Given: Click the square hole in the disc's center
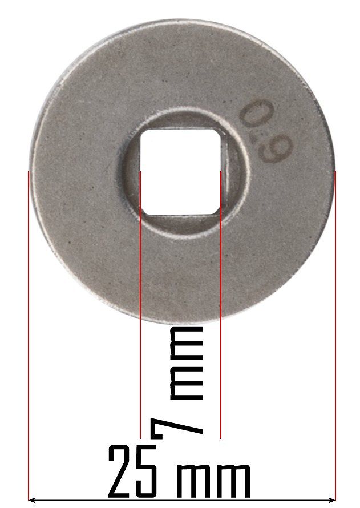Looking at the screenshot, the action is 181,172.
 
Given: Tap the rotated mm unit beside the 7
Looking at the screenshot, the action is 187,363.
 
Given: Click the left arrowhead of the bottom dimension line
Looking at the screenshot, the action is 32,499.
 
